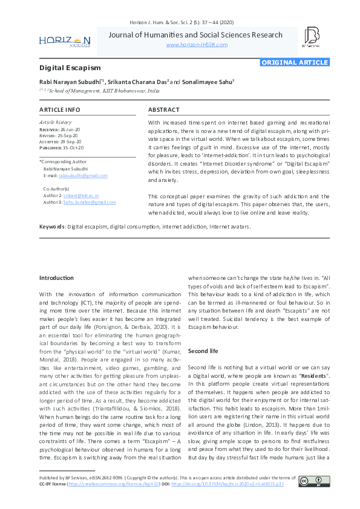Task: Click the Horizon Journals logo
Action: pyautogui.click(x=65, y=41)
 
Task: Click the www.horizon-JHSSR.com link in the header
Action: pyautogui.click(x=197, y=45)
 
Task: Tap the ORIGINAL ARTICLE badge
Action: pyautogui.click(x=295, y=62)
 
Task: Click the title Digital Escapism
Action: pyautogui.click(x=70, y=68)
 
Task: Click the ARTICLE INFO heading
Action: pyautogui.click(x=60, y=109)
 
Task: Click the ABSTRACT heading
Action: pyautogui.click(x=164, y=109)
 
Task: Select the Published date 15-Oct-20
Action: pyautogui.click(x=73, y=148)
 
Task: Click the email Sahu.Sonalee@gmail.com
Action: pyautogui.click(x=85, y=202)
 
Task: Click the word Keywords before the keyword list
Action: pyautogui.click(x=52, y=227)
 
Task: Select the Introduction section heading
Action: pyautogui.click(x=56, y=278)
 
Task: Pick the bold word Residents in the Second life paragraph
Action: pyautogui.click(x=312, y=375)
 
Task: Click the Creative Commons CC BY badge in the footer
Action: pyautogui.click(x=313, y=481)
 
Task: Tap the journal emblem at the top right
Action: pyautogui.click(x=311, y=37)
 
